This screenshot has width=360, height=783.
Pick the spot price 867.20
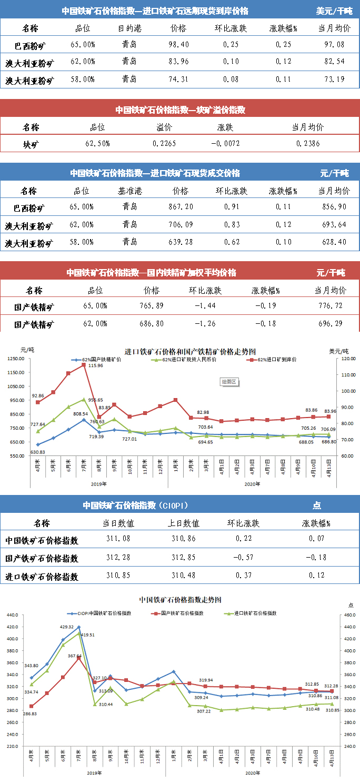point(178,207)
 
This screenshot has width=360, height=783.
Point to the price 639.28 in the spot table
point(178,243)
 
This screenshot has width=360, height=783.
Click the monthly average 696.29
point(330,323)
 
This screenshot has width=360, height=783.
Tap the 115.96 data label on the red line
point(95,365)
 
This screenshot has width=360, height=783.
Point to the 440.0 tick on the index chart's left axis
point(11,614)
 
